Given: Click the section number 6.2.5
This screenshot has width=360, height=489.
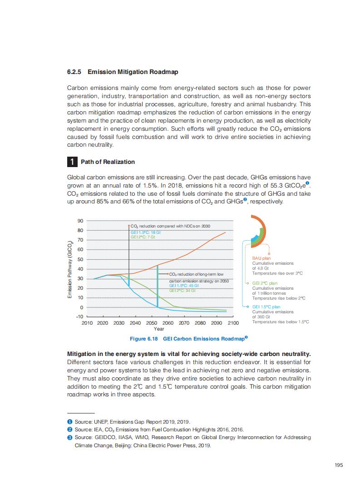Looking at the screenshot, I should click(x=74, y=72).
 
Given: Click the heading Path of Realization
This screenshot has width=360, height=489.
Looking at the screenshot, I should click(x=108, y=162).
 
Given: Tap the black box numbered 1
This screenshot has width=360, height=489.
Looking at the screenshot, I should click(x=72, y=162).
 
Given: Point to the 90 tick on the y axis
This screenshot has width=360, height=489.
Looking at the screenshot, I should click(x=80, y=221).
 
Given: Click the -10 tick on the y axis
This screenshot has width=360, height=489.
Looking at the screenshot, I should click(x=79, y=316).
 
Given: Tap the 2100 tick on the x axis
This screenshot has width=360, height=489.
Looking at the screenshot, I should click(x=232, y=323).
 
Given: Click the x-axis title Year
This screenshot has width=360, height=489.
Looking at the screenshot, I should click(x=159, y=329).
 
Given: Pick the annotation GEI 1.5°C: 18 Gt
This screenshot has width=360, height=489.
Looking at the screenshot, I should click(x=146, y=232).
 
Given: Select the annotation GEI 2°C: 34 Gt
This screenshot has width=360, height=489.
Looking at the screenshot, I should click(x=182, y=290).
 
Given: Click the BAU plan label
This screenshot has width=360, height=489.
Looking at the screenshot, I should click(x=261, y=258).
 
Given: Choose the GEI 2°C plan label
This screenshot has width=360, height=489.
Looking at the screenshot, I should click(x=265, y=283).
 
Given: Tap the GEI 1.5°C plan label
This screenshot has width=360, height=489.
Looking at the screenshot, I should click(x=266, y=307).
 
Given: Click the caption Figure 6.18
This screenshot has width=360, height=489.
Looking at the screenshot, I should click(x=144, y=339).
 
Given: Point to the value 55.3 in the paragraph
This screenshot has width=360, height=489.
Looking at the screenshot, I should click(x=266, y=186).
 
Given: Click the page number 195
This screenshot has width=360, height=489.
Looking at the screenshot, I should click(x=338, y=464).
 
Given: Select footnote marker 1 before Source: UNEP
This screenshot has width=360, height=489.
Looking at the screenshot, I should click(x=70, y=422).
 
